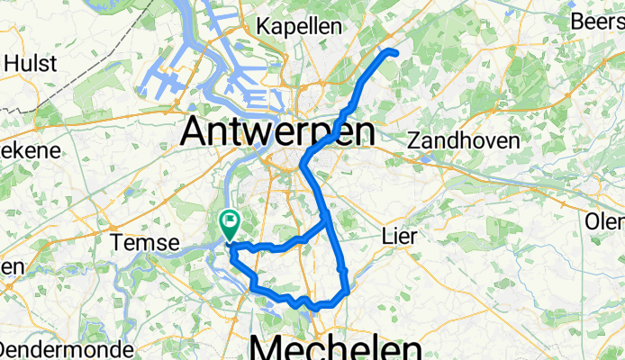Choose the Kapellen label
297,26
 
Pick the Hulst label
32,63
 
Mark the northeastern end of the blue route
394,53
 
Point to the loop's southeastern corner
346,291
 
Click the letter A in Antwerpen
197,133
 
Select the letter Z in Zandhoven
414,141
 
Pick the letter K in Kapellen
263,26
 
